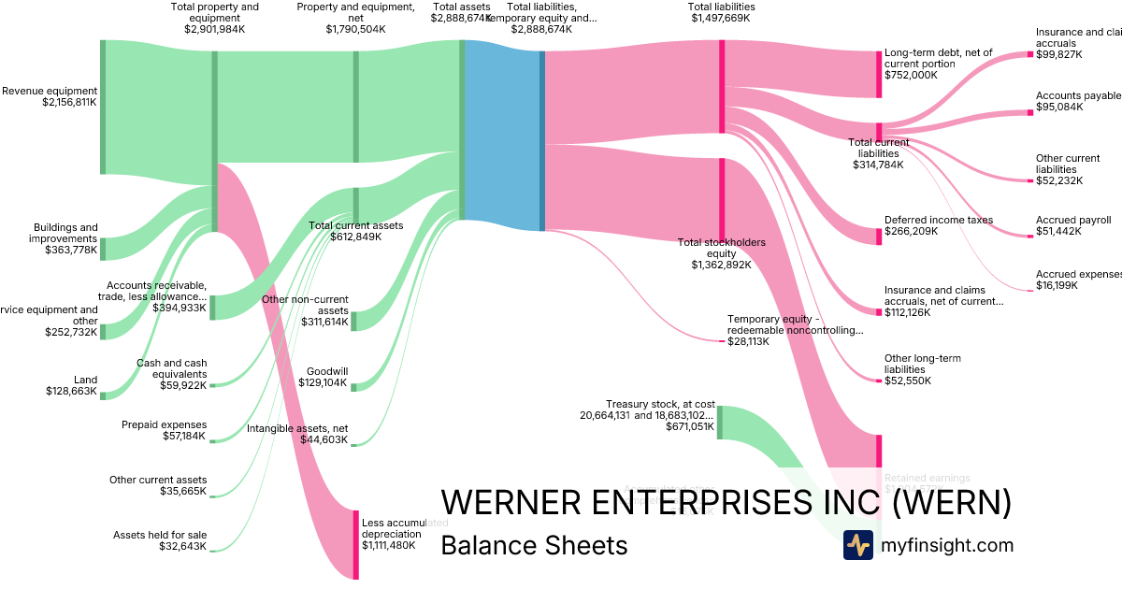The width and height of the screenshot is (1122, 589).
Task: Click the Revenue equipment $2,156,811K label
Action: (x=49, y=96)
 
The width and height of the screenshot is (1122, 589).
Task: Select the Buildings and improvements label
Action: (x=65, y=238)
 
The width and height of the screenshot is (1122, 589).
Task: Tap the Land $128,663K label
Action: (x=71, y=386)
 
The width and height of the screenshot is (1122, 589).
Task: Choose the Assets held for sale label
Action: (x=160, y=541)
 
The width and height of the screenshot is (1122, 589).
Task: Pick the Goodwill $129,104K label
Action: (x=323, y=377)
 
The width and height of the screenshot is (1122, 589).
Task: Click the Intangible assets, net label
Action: (x=297, y=434)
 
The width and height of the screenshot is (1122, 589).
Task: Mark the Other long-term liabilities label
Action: (x=922, y=369)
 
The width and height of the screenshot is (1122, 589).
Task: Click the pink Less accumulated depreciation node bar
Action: (x=354, y=544)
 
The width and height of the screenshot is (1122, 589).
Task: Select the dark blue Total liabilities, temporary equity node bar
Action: (x=541, y=140)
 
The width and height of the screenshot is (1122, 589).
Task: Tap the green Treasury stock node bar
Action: (x=719, y=422)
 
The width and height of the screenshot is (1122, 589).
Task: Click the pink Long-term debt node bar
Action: (x=878, y=74)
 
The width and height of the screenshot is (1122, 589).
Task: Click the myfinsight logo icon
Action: (x=858, y=545)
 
